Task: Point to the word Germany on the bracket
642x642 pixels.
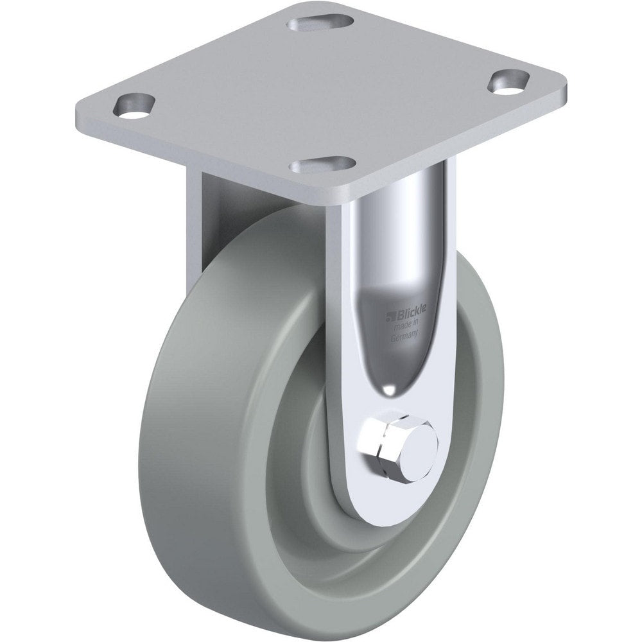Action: (406, 334)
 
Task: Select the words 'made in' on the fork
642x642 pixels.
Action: (406, 324)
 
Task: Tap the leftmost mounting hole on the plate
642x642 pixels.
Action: (135, 103)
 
